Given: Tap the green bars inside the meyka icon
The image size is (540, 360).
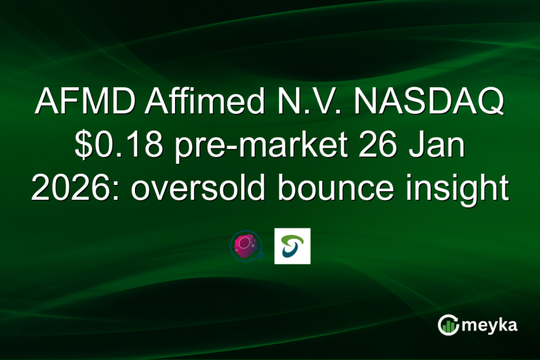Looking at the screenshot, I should (x=448, y=327).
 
